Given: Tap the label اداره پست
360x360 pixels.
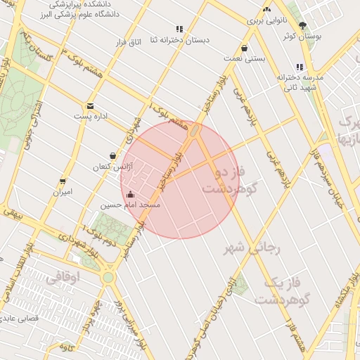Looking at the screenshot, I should (x=90, y=116).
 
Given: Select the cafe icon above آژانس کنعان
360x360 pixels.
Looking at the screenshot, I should (x=112, y=156).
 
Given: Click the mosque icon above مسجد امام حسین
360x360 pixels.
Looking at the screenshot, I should (x=129, y=194).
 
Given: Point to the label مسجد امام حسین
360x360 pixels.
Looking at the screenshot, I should (x=129, y=205).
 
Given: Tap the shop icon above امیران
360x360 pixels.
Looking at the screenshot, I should (x=63, y=181).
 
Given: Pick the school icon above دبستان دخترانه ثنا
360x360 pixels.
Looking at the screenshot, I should (x=179, y=29).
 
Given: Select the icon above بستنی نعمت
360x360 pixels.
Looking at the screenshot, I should (x=244, y=49).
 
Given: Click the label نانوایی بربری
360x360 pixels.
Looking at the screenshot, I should (x=266, y=22).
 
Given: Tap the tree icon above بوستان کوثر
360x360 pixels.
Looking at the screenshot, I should (x=302, y=25).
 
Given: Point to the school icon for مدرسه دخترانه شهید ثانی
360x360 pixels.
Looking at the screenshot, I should (x=300, y=67).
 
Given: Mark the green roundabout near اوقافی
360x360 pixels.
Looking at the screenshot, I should (x=108, y=278).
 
